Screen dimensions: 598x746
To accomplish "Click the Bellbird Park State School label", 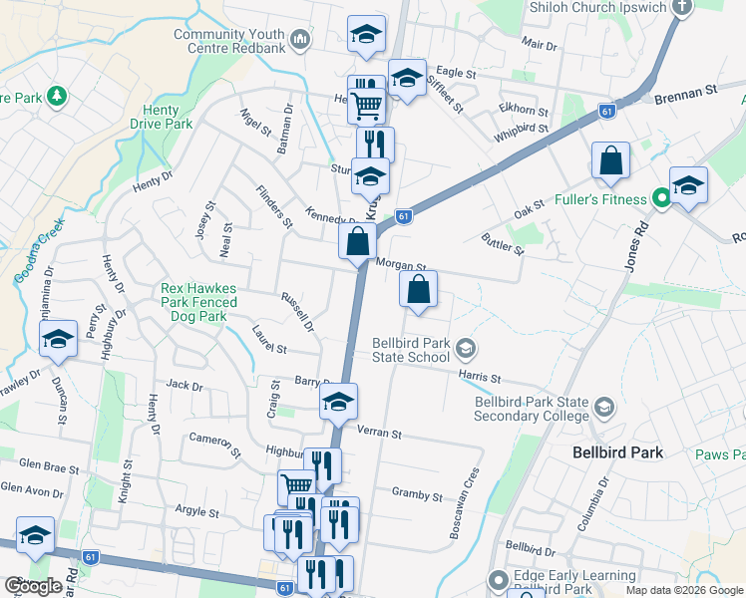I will click(x=410, y=349).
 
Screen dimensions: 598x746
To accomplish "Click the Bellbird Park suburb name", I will click(x=618, y=451).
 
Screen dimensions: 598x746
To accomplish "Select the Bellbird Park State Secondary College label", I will click(x=532, y=409).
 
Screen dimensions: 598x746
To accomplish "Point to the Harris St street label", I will click(x=479, y=377).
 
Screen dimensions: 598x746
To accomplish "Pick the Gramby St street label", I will click(x=417, y=494).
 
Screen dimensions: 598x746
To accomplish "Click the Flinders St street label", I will click(x=272, y=206).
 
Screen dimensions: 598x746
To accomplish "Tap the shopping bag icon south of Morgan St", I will click(x=419, y=291).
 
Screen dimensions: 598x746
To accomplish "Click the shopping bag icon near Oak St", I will click(x=610, y=161).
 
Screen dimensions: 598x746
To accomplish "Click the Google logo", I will click(x=33, y=586).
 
